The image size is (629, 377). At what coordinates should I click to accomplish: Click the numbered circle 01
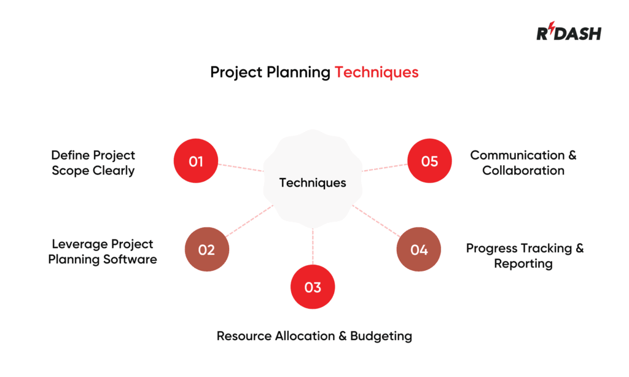pyautogui.click(x=196, y=161)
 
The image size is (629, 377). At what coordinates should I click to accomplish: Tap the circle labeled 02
pyautogui.click(x=207, y=250)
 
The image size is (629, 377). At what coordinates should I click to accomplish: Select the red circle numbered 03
pyautogui.click(x=313, y=287)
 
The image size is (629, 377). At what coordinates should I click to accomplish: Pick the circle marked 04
pyautogui.click(x=418, y=250)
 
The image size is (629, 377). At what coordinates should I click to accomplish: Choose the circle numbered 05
pyautogui.click(x=429, y=161)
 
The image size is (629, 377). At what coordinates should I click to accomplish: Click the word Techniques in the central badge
pyautogui.click(x=313, y=183)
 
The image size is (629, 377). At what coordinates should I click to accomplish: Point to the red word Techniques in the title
pyautogui.click(x=376, y=72)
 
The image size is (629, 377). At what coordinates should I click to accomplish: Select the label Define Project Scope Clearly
pyautogui.click(x=93, y=163)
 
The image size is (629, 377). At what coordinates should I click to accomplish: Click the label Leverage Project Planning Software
pyautogui.click(x=103, y=252)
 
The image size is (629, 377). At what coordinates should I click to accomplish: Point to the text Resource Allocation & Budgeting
pyautogui.click(x=314, y=336)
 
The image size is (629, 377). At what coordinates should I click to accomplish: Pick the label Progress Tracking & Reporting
pyautogui.click(x=524, y=256)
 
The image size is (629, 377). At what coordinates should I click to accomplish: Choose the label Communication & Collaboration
pyautogui.click(x=523, y=163)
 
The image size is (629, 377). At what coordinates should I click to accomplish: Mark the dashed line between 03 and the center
pyautogui.click(x=313, y=246)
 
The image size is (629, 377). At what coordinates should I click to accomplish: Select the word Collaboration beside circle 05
pyautogui.click(x=523, y=171)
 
